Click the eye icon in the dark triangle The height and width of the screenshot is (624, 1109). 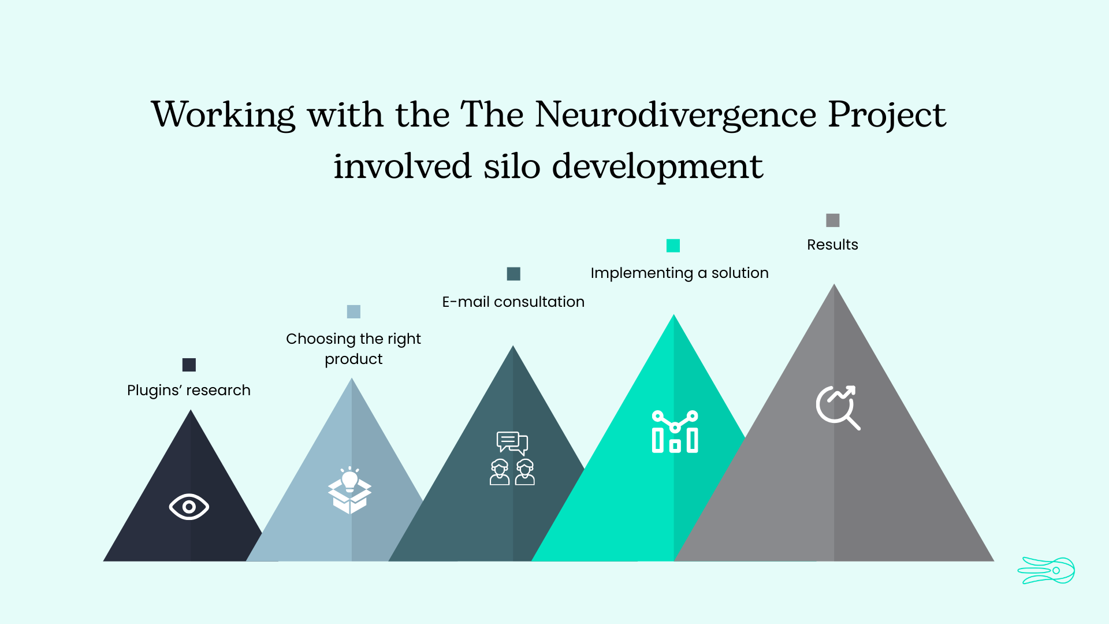coord(189,507)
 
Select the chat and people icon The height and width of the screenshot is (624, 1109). coord(512,458)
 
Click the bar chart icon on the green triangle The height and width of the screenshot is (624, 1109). coord(675,432)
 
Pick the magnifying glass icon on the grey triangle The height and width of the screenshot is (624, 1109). coord(838,407)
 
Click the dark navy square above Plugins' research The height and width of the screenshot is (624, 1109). coord(189,365)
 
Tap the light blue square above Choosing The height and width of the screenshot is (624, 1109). coord(353,312)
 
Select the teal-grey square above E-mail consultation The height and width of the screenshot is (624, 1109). coord(513,274)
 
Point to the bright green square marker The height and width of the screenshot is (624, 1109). coord(673,246)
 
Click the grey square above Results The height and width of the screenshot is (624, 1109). coord(832,220)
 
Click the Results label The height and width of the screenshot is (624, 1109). coord(832,245)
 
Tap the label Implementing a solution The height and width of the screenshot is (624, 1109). coord(679,273)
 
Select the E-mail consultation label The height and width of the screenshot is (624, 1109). coord(513,302)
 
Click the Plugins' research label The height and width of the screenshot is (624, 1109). coord(189,391)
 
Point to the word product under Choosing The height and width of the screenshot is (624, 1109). coord(353,359)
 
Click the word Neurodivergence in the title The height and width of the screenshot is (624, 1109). coord(676,115)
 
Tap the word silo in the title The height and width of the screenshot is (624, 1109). coord(511,166)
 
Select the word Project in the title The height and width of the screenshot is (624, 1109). coord(887,115)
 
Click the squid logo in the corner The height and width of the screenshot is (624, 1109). coord(1046,571)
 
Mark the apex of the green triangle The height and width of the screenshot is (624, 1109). coord(673,317)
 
